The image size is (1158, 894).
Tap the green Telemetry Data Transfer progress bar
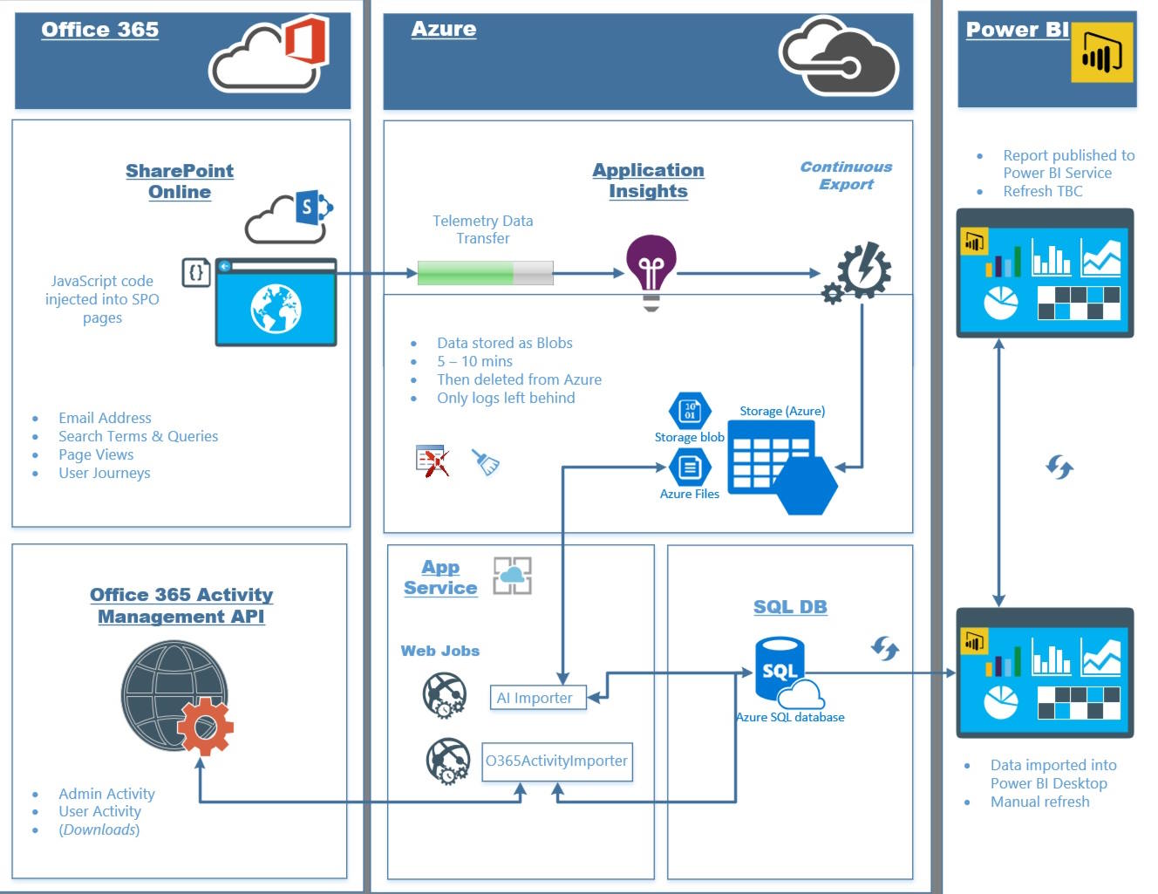485,273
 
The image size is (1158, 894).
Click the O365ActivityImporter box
557,761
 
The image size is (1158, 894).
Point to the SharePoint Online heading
180,181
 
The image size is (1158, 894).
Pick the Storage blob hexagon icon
690,411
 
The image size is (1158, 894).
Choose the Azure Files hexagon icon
690,467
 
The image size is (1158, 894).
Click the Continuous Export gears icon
858,272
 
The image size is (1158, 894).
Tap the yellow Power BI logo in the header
1101,53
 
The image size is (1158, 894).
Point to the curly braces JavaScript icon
195,272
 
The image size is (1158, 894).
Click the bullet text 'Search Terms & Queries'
138,436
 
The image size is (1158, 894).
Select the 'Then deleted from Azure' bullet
519,379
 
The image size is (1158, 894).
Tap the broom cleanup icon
487,461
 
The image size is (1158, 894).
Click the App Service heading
440,577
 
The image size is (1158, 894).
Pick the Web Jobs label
440,651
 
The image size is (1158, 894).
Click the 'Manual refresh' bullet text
1039,802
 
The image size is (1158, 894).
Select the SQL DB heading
790,607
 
